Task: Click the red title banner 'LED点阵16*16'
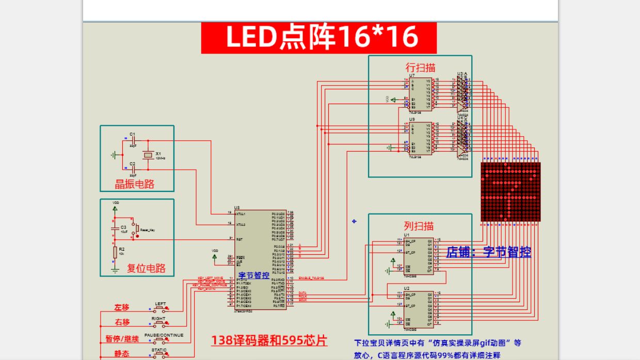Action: tap(319, 37)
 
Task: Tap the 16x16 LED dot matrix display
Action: tap(510, 192)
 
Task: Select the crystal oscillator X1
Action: tap(148, 155)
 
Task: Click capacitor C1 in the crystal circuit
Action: tap(133, 140)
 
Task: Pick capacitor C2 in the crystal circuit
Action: tap(133, 169)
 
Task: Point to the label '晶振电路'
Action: tap(134, 184)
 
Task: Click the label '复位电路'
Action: tap(146, 268)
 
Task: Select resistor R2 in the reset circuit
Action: tap(115, 252)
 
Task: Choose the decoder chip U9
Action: tap(420, 139)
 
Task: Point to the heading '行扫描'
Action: tap(420, 68)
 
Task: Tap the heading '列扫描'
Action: tap(419, 226)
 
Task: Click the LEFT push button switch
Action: tap(160, 309)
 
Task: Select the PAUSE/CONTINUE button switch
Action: tap(161, 340)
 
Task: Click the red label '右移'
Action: tap(122, 322)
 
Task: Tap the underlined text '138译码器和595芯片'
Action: tap(269, 341)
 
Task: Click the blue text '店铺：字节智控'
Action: tap(488, 252)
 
